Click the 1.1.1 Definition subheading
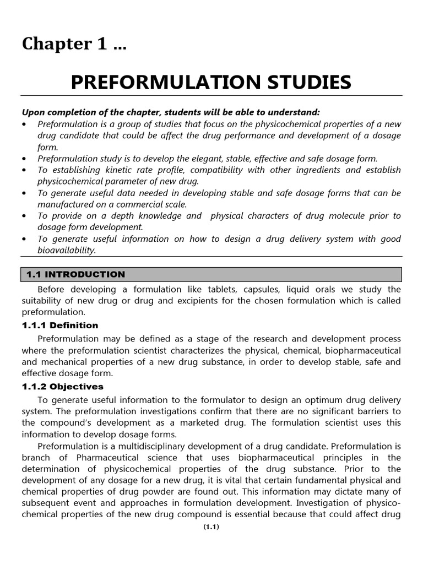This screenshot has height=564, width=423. (x=60, y=325)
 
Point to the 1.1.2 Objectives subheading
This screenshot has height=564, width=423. (x=63, y=387)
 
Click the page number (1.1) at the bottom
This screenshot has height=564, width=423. (x=211, y=543)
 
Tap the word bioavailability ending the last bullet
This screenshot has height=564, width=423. (x=66, y=250)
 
